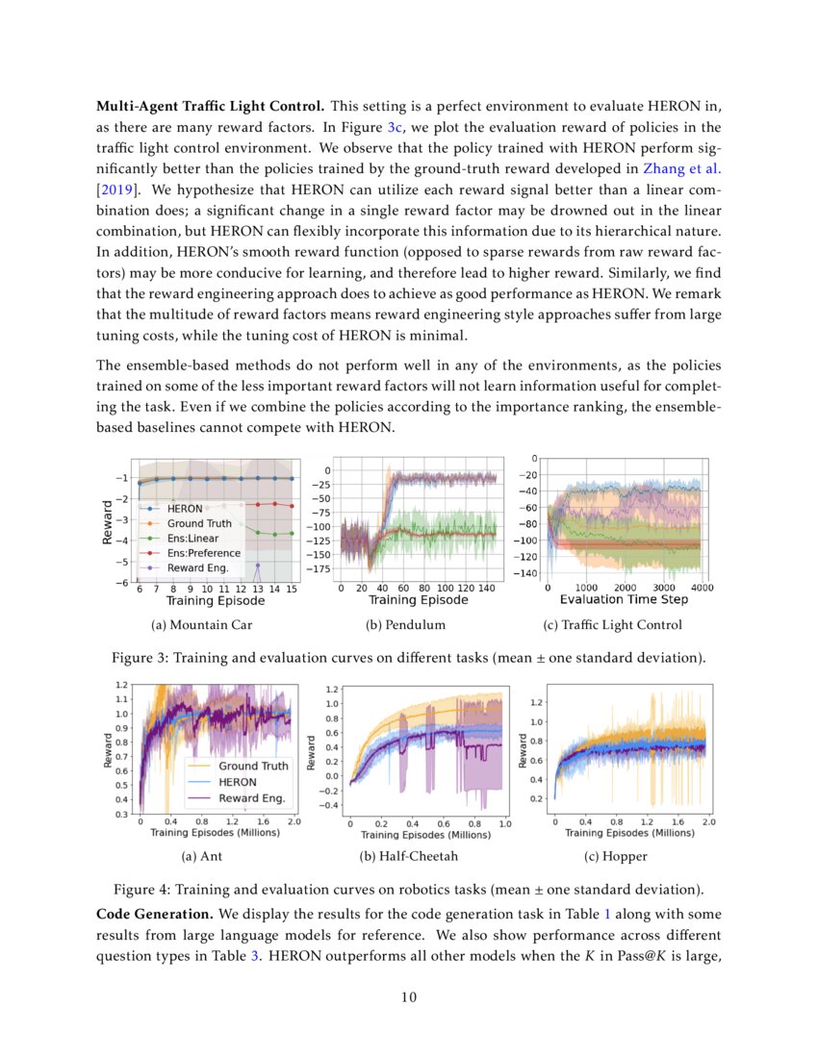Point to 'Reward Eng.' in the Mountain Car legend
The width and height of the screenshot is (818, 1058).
click(199, 569)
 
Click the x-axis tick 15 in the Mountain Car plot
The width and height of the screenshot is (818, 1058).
click(290, 588)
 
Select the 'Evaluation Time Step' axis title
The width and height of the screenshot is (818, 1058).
click(625, 599)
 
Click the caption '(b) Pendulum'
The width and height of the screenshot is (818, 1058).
click(405, 625)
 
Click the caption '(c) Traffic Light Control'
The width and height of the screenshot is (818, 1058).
click(612, 625)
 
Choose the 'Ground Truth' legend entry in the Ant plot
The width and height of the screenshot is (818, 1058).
click(252, 766)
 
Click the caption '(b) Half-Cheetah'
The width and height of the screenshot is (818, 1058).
click(408, 856)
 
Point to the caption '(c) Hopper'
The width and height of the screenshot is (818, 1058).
click(616, 856)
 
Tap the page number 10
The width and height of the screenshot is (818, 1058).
click(409, 996)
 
